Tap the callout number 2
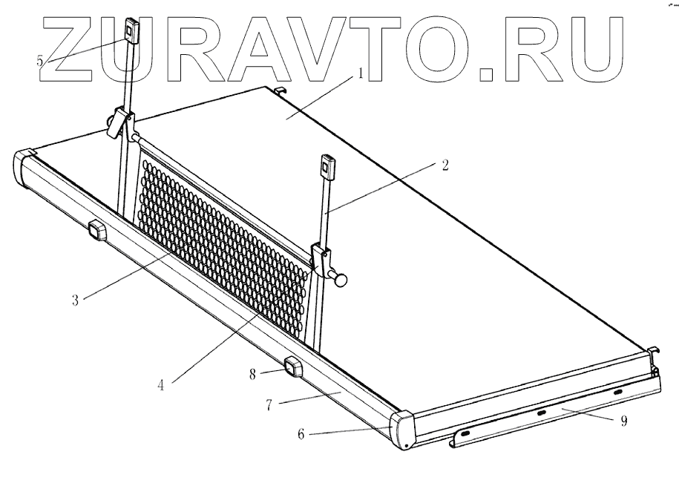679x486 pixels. pos(445,165)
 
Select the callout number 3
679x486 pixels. pos(76,300)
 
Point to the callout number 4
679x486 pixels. pos(160,384)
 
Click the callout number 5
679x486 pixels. pos(40,61)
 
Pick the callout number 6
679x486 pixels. pos(301,434)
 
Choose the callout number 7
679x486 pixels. pos(269,405)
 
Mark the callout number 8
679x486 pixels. pos(253,374)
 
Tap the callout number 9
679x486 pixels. pos(623,421)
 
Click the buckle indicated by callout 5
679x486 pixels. pos(131,31)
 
